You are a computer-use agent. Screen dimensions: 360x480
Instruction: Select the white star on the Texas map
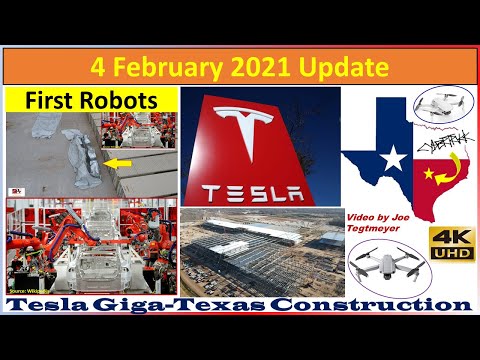394,157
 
